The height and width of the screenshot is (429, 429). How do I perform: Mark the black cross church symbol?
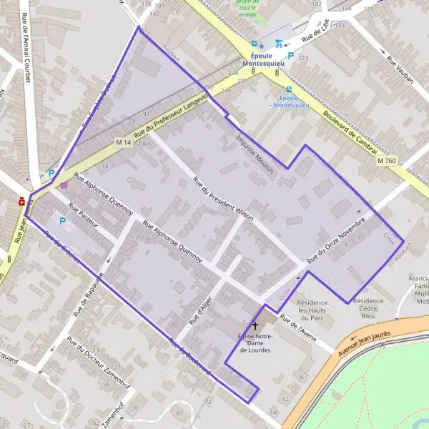[255, 326]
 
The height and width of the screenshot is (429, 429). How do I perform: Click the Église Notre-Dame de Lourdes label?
[255, 342]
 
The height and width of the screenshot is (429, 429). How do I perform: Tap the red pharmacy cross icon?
[23, 202]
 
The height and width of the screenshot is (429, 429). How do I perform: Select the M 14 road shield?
[123, 143]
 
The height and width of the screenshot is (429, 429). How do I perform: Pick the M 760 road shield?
[387, 161]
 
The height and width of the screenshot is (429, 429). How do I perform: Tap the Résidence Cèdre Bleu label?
[368, 307]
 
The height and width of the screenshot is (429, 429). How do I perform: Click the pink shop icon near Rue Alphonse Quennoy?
[64, 184]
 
